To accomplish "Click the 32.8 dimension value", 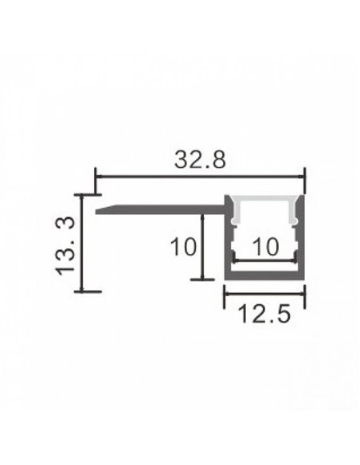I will (x=200, y=159).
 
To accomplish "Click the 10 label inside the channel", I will (x=264, y=248).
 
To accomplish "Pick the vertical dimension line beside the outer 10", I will (x=203, y=247).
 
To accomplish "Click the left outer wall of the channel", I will (x=226, y=239).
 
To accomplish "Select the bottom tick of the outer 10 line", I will (x=203, y=279).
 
